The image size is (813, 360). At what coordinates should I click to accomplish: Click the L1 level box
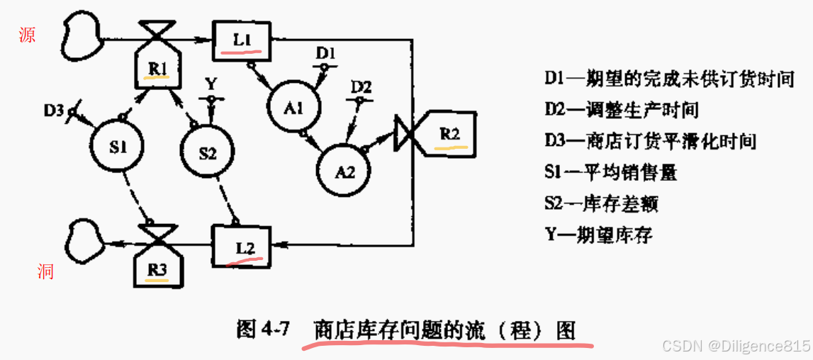tap(242, 40)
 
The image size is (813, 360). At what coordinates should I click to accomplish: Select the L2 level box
tap(242, 245)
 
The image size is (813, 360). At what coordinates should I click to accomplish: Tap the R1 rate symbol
tap(157, 67)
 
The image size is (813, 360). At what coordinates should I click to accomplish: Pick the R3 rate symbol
tap(158, 266)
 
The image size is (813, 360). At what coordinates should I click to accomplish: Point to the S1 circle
tap(118, 147)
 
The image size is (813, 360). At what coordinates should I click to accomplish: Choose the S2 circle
tap(207, 152)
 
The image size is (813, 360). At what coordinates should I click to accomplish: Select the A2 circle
tap(344, 171)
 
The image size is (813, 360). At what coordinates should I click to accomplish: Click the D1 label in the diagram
tap(325, 52)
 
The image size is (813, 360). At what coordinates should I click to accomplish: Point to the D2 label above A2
tap(361, 87)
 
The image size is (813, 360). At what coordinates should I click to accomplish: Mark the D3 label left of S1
tap(53, 111)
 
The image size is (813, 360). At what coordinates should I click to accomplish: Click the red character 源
tap(28, 35)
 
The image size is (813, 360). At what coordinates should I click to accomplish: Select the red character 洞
tap(45, 271)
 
